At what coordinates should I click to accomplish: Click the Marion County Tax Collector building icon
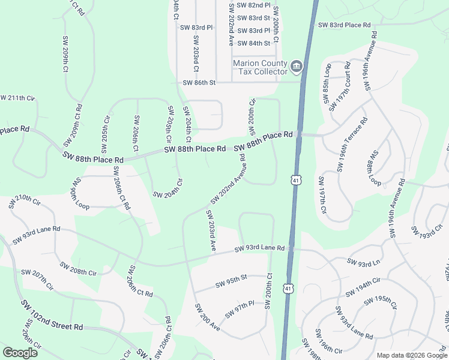[296, 65]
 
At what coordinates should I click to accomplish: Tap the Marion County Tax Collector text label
[261, 67]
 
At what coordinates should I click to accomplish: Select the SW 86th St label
[199, 83]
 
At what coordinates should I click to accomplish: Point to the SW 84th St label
[254, 43]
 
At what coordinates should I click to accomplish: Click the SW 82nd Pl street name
[254, 4]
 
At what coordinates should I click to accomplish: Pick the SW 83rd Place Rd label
[345, 25]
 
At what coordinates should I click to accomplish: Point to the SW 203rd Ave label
[211, 230]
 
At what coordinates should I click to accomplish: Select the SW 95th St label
[231, 278]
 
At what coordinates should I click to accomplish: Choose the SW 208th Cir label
[78, 268]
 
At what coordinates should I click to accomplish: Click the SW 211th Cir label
[18, 98]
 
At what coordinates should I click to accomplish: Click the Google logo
[20, 353]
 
